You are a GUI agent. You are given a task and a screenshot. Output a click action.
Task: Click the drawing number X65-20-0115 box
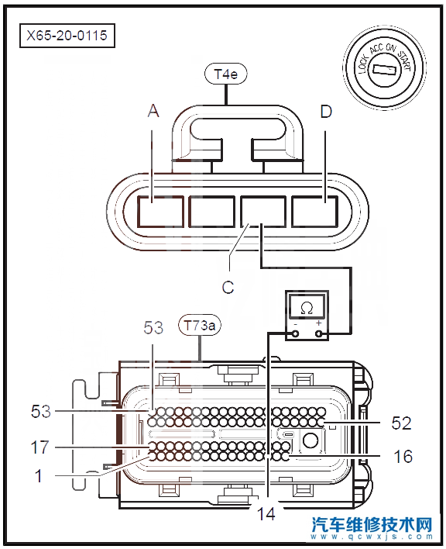[67, 36]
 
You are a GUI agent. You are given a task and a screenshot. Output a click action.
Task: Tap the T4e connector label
[225, 74]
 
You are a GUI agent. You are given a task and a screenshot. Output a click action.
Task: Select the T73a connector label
[200, 326]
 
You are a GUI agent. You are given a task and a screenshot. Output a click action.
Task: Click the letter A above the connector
[153, 112]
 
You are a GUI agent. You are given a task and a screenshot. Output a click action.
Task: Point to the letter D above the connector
[326, 112]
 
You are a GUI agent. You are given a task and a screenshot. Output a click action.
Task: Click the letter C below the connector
[228, 288]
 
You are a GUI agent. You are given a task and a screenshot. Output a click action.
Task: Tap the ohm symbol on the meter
[307, 308]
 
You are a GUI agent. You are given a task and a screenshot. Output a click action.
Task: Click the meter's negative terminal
[295, 333]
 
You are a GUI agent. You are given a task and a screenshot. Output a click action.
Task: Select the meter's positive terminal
[318, 333]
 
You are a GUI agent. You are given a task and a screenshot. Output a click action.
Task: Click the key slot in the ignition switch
[384, 69]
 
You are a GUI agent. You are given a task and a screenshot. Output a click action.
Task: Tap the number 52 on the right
[402, 423]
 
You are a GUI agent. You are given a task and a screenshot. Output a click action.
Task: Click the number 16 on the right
[403, 456]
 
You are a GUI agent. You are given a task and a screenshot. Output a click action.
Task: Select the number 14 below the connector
[266, 513]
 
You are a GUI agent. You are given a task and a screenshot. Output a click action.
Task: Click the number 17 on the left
[40, 447]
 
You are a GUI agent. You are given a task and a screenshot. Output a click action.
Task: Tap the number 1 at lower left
[39, 476]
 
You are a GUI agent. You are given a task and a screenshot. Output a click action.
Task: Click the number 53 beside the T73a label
[153, 327]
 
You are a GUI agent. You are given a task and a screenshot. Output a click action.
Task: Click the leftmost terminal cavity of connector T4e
[160, 211]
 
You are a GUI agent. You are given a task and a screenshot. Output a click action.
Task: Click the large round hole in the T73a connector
[310, 440]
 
